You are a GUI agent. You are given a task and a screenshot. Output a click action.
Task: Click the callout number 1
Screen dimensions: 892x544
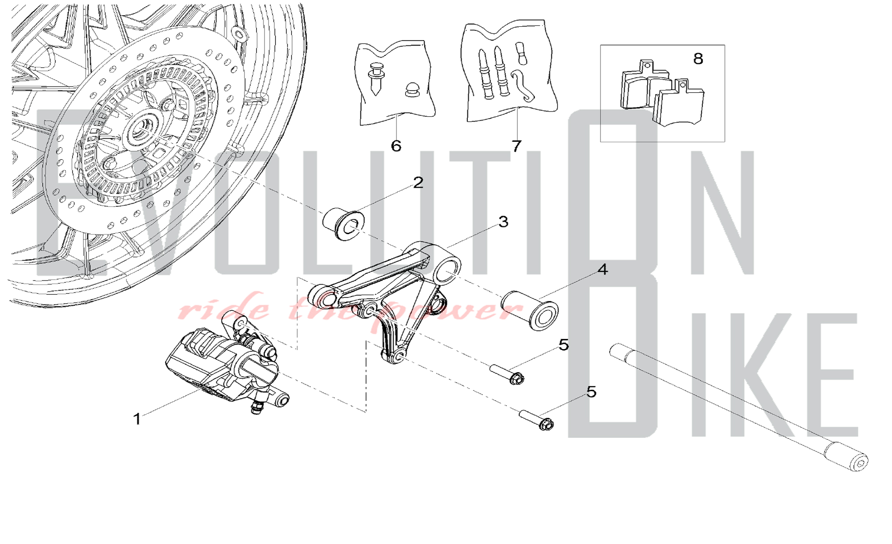[x=137, y=419]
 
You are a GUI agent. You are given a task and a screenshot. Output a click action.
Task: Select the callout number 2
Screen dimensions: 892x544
[x=418, y=182]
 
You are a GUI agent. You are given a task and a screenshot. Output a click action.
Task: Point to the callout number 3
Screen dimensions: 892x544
[x=504, y=222]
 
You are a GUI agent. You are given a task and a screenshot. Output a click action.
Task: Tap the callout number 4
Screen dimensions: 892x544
[x=603, y=269]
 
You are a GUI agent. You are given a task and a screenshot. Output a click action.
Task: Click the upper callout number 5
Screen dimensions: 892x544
[x=564, y=345]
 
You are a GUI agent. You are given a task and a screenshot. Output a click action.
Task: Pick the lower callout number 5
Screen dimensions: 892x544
[x=591, y=392]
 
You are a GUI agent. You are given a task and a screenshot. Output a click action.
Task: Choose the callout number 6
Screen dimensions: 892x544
[x=396, y=146]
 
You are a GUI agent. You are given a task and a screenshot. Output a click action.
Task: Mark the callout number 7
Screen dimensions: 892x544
[x=516, y=146]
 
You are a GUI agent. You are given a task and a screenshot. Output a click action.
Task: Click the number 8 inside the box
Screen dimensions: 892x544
[x=698, y=58]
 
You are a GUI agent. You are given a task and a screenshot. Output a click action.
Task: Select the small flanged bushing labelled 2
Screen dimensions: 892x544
[x=343, y=224]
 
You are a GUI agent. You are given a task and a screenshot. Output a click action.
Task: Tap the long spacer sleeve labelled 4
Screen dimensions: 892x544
[x=530, y=310]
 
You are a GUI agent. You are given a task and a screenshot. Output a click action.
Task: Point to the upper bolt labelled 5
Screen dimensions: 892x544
[x=507, y=374]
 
